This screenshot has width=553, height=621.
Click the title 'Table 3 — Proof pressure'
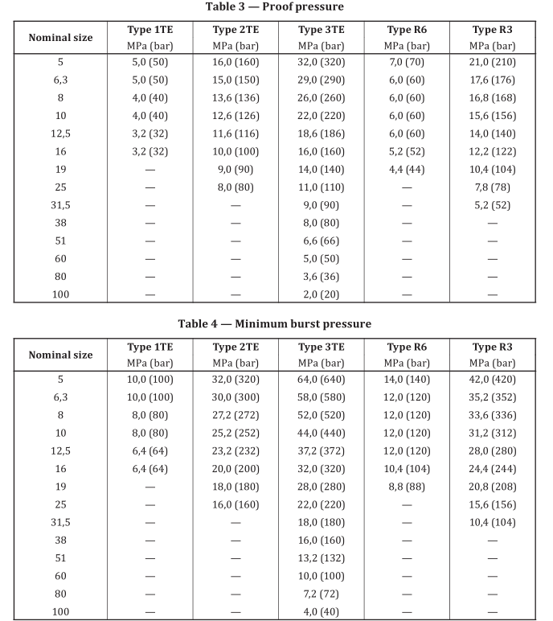pos(275,7)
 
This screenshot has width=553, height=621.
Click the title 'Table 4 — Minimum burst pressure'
pos(275,324)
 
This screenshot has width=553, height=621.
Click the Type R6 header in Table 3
pos(407,31)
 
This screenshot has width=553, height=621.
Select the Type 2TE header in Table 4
pos(235,348)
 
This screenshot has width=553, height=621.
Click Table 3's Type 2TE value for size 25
pos(235,187)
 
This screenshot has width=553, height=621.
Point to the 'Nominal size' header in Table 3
pos(60,38)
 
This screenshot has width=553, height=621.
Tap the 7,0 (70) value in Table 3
pos(407,61)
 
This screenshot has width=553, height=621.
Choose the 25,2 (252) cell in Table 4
pos(235,433)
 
